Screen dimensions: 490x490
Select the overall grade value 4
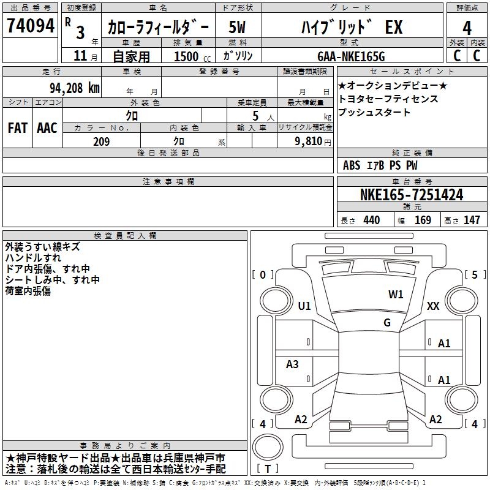point(467,28)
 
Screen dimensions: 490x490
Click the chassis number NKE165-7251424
point(411,195)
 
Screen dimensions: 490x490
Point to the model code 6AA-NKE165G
point(351,56)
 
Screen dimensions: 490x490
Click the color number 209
point(101,141)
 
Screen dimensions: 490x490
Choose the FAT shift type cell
point(17,127)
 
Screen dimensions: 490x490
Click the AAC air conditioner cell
point(47,127)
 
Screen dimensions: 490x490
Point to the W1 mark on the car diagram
point(396,294)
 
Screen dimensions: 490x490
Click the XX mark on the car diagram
point(433,306)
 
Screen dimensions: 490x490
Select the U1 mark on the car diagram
point(304,306)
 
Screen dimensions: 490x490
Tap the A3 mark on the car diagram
point(292,364)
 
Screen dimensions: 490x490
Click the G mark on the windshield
point(387,322)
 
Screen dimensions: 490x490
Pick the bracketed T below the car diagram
point(268,469)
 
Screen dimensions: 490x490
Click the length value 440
point(371,221)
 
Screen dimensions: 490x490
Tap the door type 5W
point(238,28)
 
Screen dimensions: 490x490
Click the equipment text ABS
point(352,165)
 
